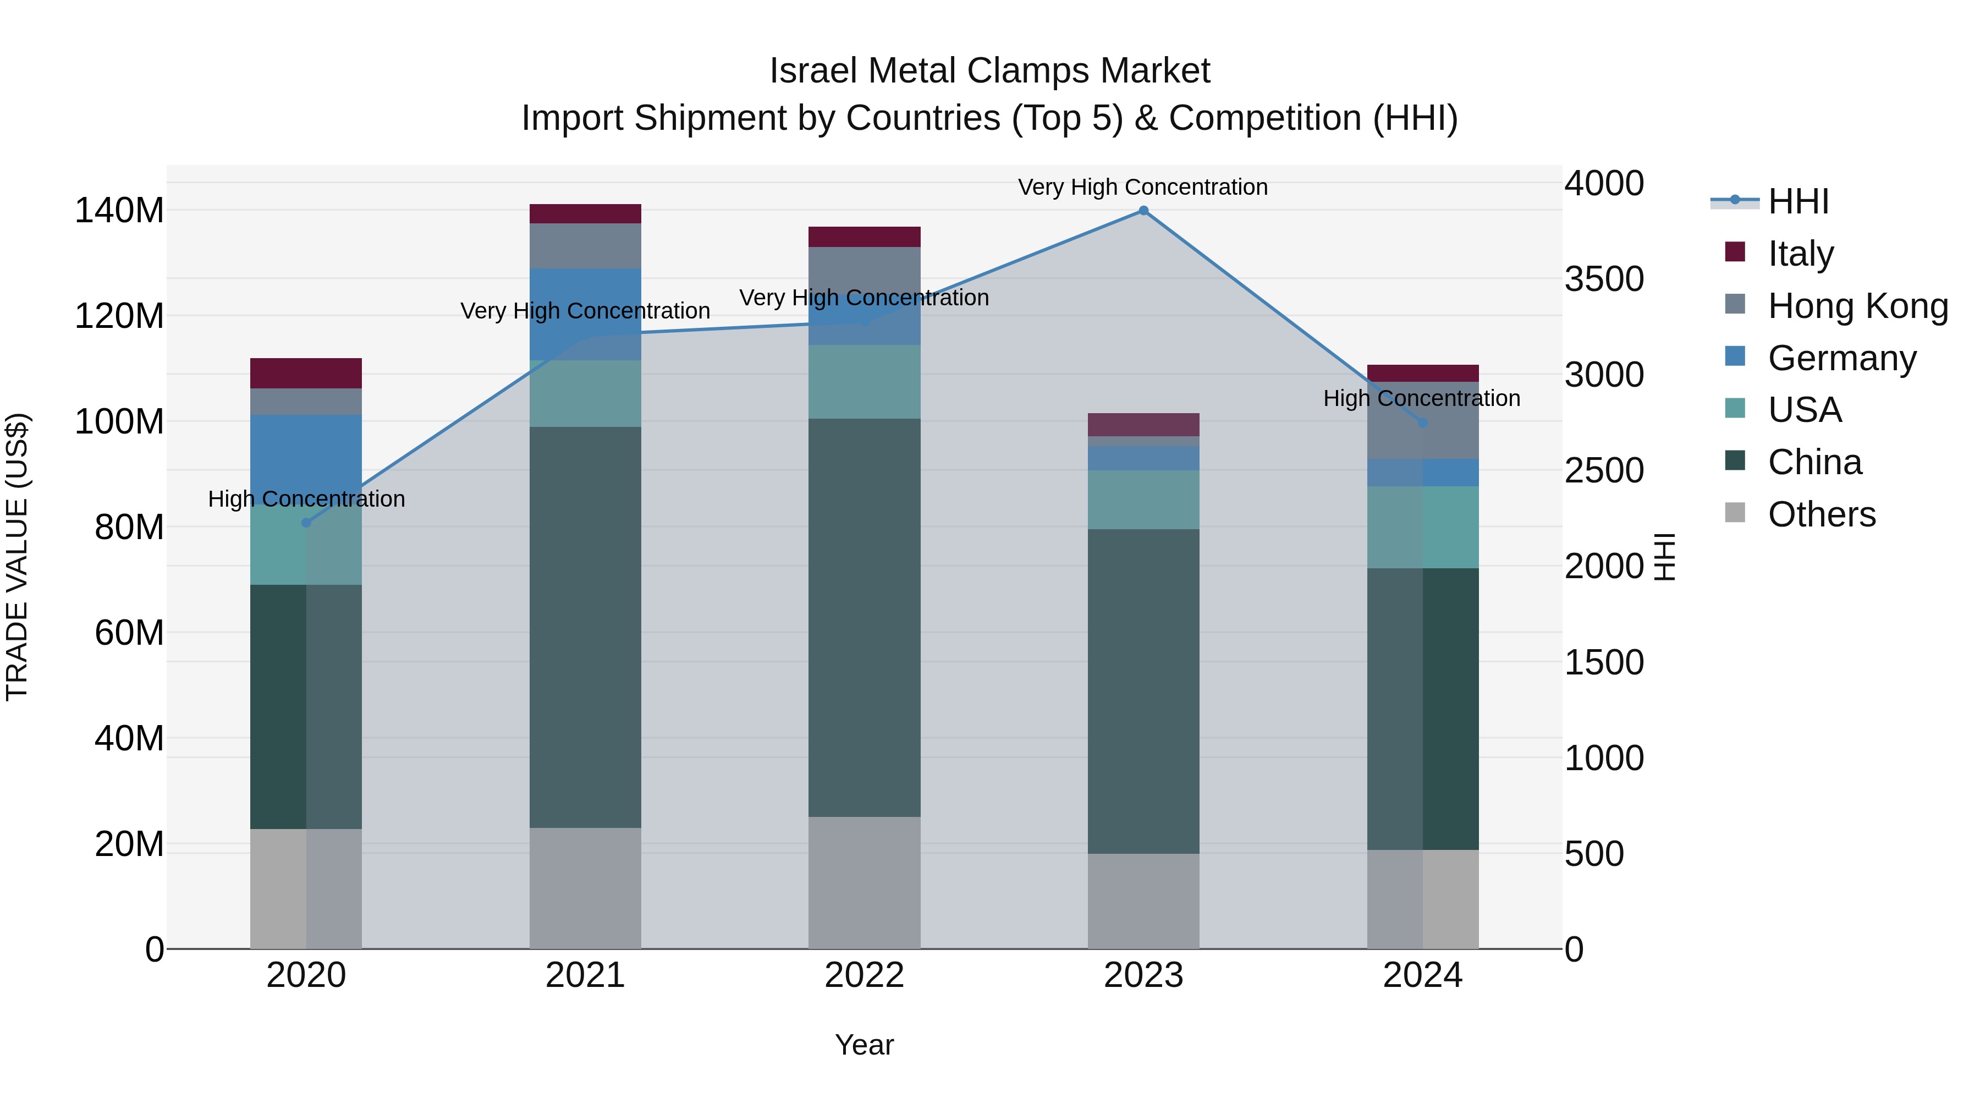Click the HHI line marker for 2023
point(1143,211)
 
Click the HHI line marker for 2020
point(306,523)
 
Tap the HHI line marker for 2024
point(1422,423)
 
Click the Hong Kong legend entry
point(1856,305)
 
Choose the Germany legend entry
point(1841,358)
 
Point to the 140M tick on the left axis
point(119,211)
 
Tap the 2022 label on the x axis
point(864,975)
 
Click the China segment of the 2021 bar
point(585,627)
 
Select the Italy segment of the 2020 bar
point(306,373)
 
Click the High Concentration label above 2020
point(306,499)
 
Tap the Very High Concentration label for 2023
point(1143,187)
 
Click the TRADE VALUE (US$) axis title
point(17,557)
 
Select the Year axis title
point(864,1045)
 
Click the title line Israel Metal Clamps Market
point(989,71)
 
